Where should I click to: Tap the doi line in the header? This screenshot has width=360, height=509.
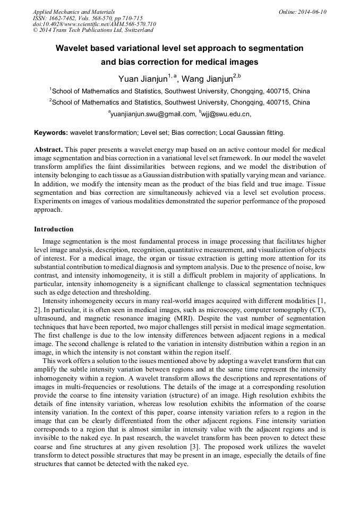(x=94, y=24)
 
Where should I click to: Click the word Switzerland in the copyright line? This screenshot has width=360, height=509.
(x=133, y=31)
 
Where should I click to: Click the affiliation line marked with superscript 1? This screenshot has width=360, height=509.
(x=179, y=91)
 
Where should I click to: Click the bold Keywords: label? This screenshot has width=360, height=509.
(x=51, y=132)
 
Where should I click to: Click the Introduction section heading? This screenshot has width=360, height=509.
(x=54, y=229)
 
